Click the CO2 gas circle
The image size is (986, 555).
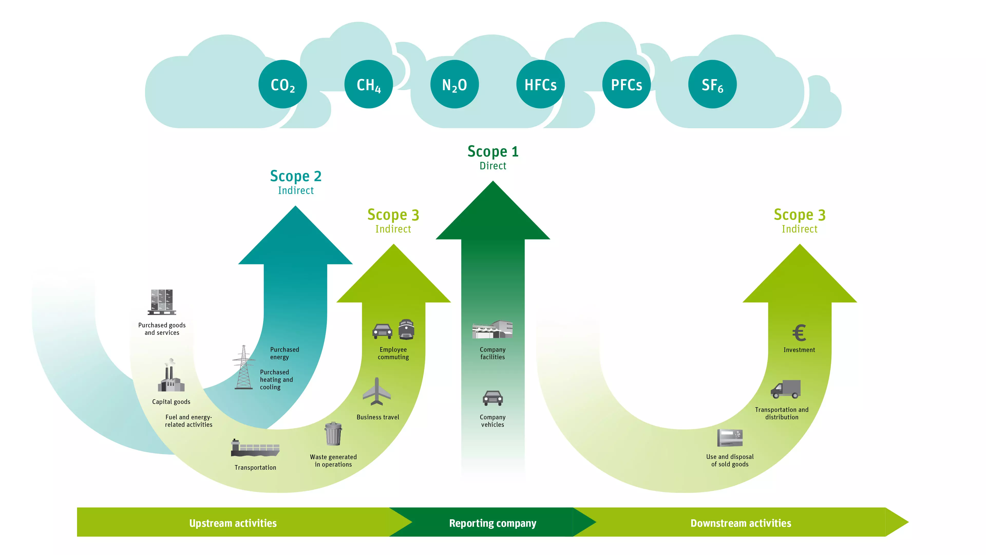pyautogui.click(x=282, y=84)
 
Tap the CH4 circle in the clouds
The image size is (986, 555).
pyautogui.click(x=368, y=84)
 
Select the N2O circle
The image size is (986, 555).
pyautogui.click(x=454, y=84)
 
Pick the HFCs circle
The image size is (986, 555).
pyautogui.click(x=540, y=84)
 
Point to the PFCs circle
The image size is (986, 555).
pyautogui.click(x=626, y=84)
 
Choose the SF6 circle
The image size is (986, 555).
pyautogui.click(x=712, y=84)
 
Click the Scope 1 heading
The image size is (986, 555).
pyautogui.click(x=493, y=152)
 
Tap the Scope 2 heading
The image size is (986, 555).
pyautogui.click(x=296, y=176)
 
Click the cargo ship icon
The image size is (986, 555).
pyautogui.click(x=255, y=448)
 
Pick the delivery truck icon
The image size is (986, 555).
pyautogui.click(x=785, y=389)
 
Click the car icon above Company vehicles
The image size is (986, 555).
pyautogui.click(x=493, y=398)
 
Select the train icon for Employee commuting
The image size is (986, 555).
pyautogui.click(x=406, y=329)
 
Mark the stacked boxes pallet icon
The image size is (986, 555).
pyautogui.click(x=162, y=302)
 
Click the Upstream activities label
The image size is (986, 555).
pyautogui.click(x=233, y=523)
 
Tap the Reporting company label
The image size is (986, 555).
pyautogui.click(x=493, y=523)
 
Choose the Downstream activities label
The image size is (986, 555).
pyautogui.click(x=741, y=523)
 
